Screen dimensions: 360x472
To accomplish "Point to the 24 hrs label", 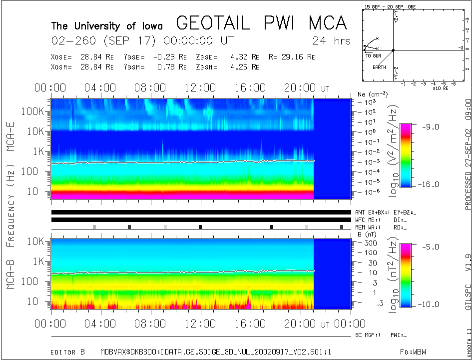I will click(331, 40).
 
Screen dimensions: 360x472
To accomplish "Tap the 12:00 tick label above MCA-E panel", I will click(200, 88).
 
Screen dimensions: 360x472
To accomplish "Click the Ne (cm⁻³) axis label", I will click(370, 94).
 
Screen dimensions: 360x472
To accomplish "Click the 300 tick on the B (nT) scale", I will click(370, 242).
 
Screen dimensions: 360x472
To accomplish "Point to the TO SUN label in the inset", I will click(373, 55).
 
